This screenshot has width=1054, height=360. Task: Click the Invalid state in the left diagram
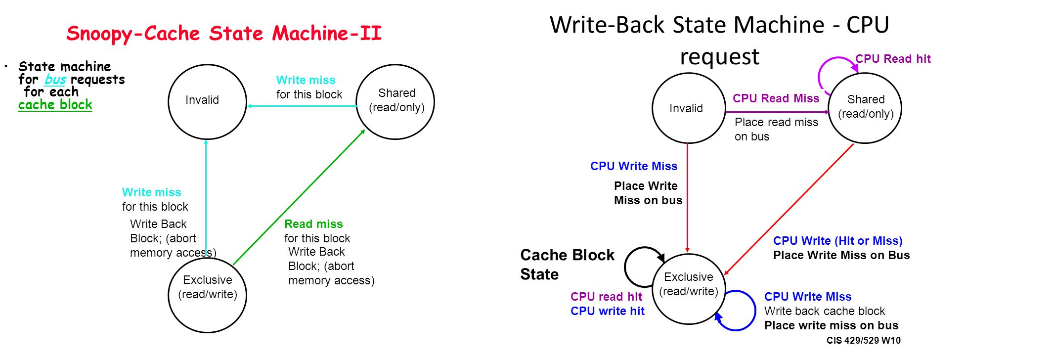[x=207, y=102]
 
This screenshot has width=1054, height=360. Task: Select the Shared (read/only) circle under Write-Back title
[x=865, y=108]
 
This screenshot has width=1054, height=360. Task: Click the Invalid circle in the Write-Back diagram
[x=688, y=108]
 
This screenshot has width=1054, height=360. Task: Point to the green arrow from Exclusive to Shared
[x=299, y=197]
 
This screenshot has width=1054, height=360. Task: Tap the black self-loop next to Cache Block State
[x=633, y=267]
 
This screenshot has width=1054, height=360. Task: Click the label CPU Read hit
[x=893, y=59]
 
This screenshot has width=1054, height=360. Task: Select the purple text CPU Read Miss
[x=776, y=98]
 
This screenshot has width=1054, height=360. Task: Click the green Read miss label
[x=313, y=224]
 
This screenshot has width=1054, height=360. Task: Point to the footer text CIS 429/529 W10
[x=863, y=340]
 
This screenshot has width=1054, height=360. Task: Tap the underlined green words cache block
[x=55, y=105]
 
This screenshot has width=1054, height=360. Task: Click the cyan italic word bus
[x=55, y=80]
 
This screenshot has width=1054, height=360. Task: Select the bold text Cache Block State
[x=567, y=265]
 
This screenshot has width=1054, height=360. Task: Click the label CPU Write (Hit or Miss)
[x=837, y=241]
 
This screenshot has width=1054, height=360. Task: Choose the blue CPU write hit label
[x=607, y=311]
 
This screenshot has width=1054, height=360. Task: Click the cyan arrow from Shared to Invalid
[x=302, y=106]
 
